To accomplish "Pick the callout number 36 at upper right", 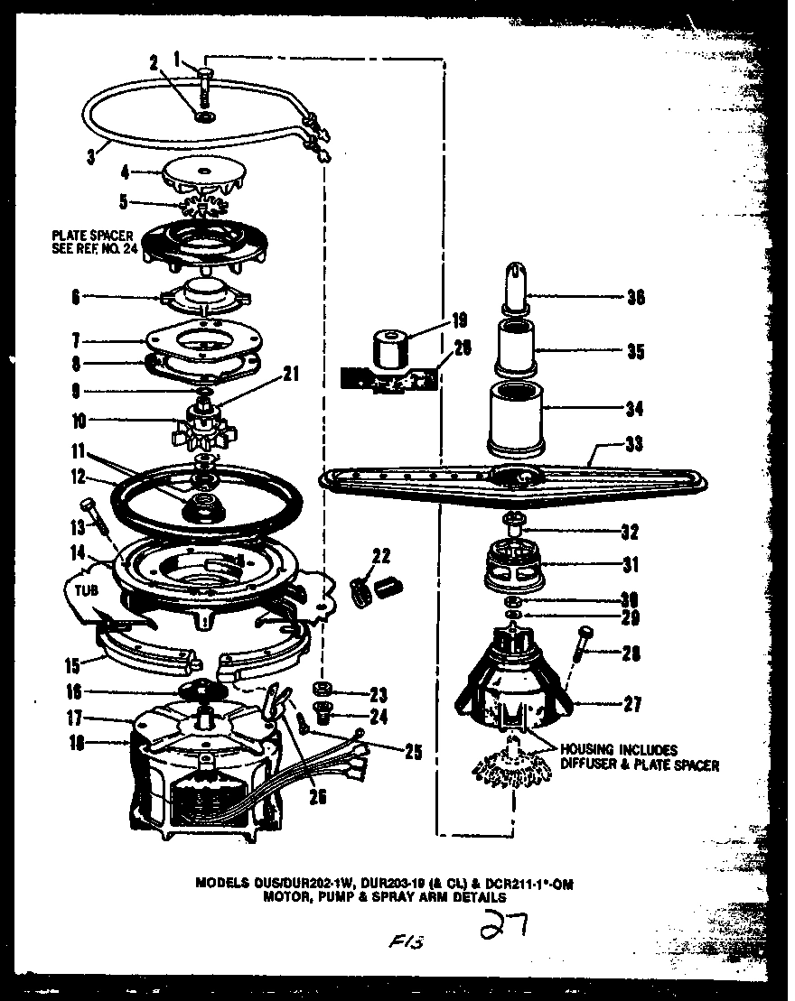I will click(x=634, y=296).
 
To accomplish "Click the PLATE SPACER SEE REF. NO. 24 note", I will click(x=94, y=244).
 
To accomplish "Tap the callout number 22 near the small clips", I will click(x=381, y=554).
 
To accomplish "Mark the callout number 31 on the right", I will click(x=630, y=566).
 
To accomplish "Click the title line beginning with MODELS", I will click(x=385, y=885).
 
